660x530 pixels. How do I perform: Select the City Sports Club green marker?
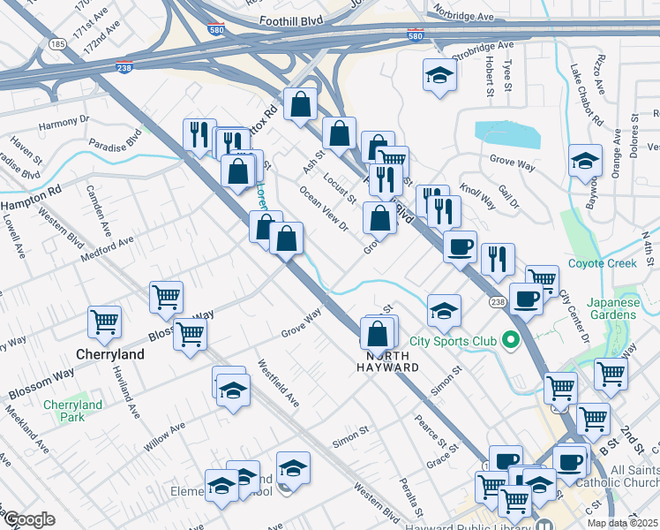509,339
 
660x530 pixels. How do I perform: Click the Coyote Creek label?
626,263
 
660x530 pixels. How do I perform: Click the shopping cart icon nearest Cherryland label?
105,322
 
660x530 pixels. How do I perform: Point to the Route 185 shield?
58,42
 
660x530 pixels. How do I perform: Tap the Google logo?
28,519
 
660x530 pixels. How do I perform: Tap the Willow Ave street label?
165,436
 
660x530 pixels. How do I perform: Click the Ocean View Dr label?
323,208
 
